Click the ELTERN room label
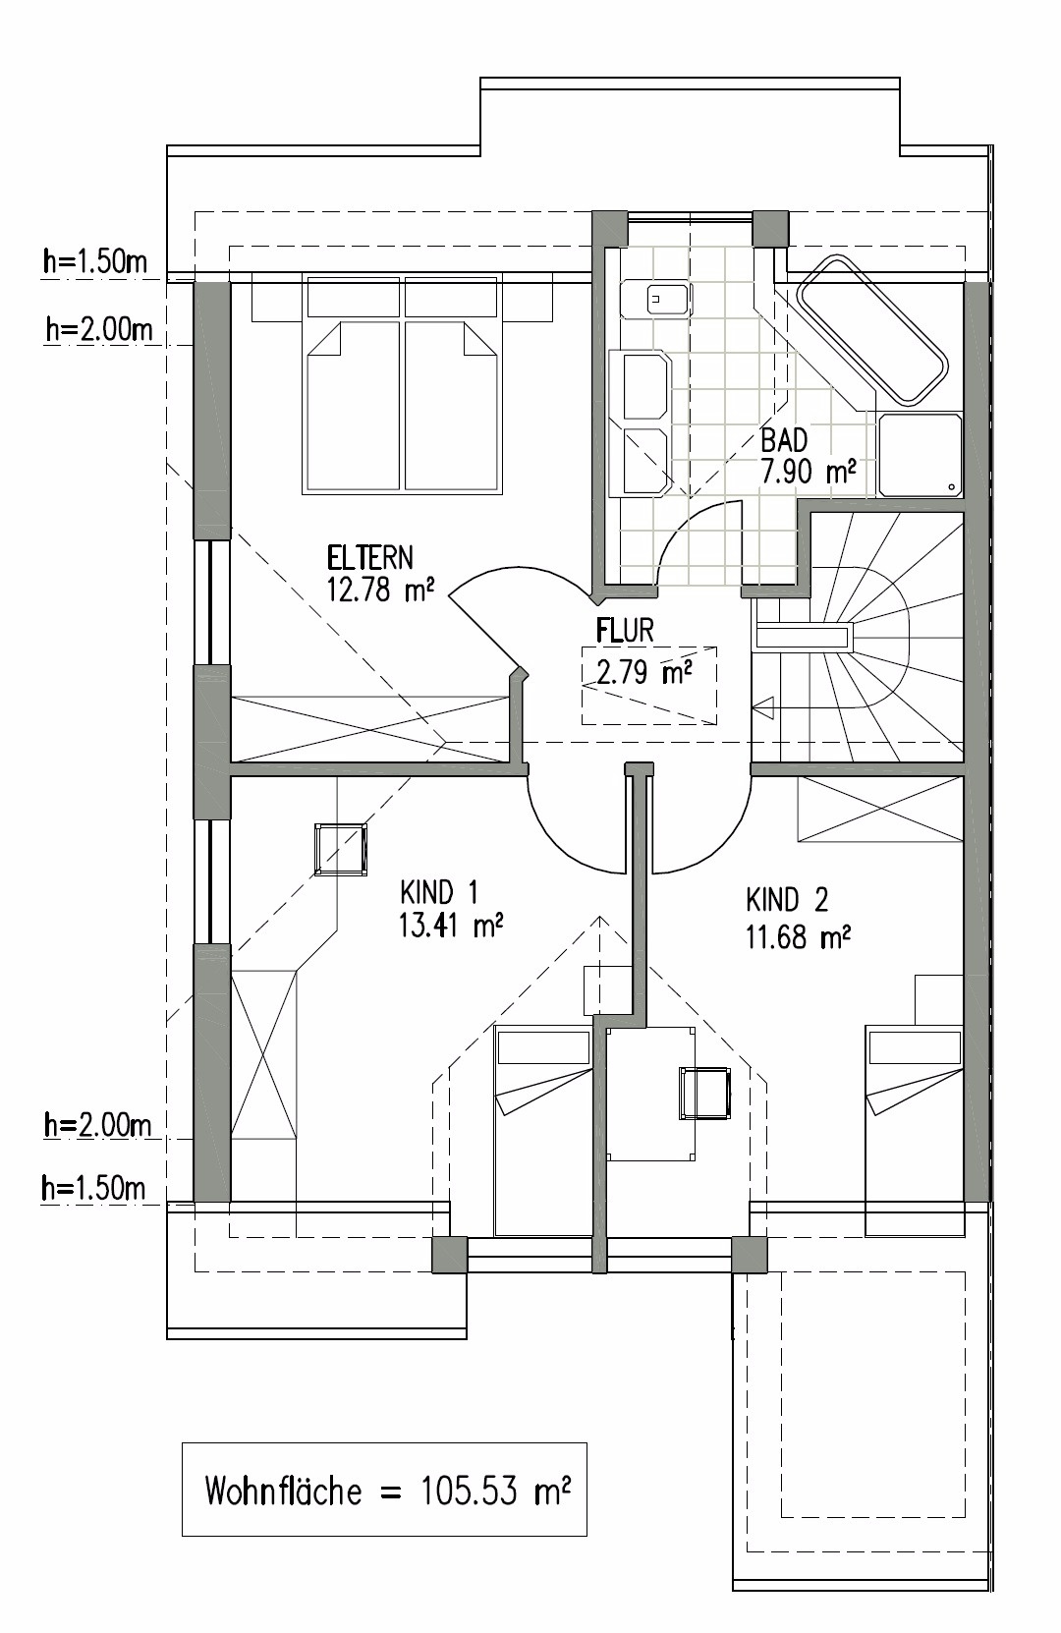(x=369, y=558)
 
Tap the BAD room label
(x=784, y=440)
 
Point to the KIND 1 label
(x=438, y=892)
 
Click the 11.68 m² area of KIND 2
(x=798, y=936)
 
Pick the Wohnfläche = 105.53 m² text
(x=387, y=1491)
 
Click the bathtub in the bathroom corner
(x=872, y=329)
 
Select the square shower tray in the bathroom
(x=921, y=455)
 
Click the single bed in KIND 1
(x=543, y=1131)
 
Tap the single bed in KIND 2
(x=915, y=1131)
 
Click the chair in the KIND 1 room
(x=340, y=849)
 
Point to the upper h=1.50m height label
(x=94, y=261)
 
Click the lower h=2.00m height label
(x=97, y=1125)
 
